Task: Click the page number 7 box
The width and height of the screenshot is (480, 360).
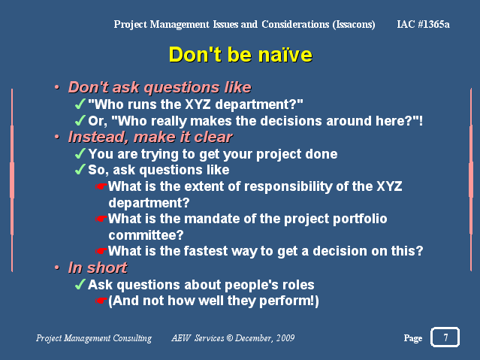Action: click(x=445, y=337)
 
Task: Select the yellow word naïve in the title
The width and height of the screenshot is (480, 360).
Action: click(x=285, y=55)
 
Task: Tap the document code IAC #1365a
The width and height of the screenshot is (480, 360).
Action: click(x=423, y=24)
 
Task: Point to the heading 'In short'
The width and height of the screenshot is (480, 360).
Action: click(x=98, y=268)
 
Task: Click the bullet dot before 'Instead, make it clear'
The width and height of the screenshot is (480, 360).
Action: click(x=57, y=137)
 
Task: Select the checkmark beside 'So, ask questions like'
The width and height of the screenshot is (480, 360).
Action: click(x=80, y=169)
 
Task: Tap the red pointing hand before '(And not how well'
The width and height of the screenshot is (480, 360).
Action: click(x=101, y=301)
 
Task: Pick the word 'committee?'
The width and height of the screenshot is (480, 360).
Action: click(x=146, y=235)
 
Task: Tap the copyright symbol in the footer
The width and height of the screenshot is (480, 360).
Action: click(x=230, y=338)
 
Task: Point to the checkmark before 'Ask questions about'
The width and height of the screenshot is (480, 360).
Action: click(x=80, y=284)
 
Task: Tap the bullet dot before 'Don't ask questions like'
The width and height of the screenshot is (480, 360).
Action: click(x=57, y=87)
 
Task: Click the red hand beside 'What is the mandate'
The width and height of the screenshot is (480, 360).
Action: click(x=101, y=219)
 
